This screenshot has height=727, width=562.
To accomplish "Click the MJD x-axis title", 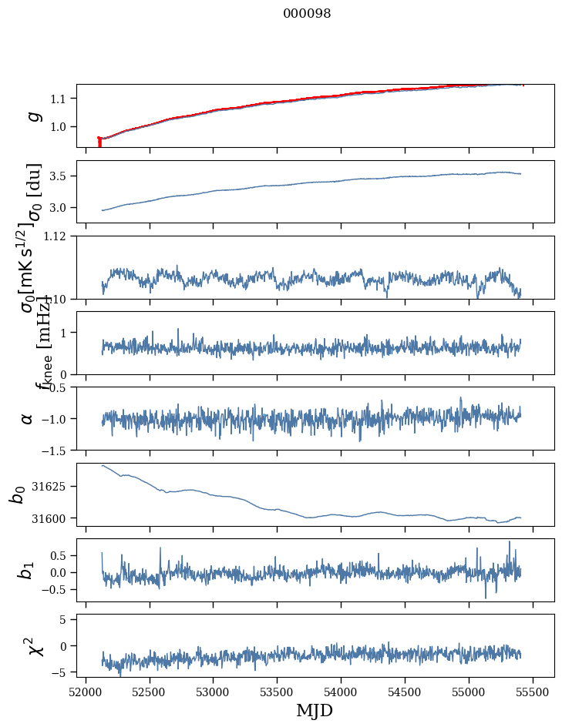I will [x=315, y=710].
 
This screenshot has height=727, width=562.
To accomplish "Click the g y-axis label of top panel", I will [x=33, y=116].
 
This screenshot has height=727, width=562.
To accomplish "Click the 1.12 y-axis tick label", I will [x=59, y=236].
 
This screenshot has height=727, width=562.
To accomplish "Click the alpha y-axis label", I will [x=28, y=418].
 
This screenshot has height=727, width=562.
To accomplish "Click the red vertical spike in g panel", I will [x=99, y=142].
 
